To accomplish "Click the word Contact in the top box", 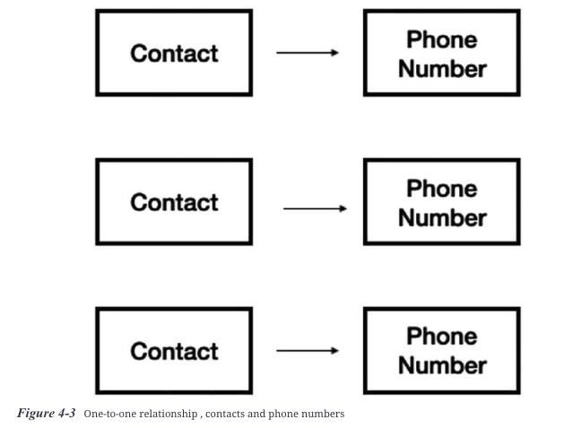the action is click(174, 53).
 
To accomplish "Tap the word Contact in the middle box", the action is click(174, 202).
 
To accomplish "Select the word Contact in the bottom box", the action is click(174, 351).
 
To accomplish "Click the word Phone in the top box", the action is click(441, 39).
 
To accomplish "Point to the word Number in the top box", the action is click(442, 68).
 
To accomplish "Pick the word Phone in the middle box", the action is click(441, 189).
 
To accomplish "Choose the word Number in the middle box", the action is click(442, 218).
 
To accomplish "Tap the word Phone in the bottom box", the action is click(441, 337).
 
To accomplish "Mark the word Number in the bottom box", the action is click(442, 365).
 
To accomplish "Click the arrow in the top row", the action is click(308, 53).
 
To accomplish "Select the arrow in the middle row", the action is click(315, 209).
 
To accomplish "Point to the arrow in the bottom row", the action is click(308, 351).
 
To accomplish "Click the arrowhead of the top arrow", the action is click(335, 53).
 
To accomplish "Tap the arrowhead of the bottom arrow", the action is click(335, 351).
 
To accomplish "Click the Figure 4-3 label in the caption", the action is click(46, 413).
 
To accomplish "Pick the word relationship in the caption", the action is click(169, 414).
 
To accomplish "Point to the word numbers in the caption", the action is click(325, 414).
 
